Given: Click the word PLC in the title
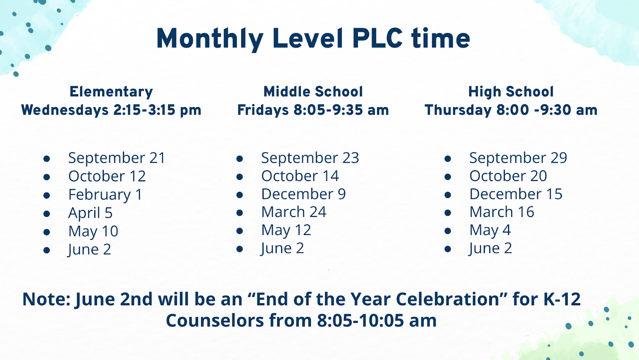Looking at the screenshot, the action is [377, 38].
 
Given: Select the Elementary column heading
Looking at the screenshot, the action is [111, 92].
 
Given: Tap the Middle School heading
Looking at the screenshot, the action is [313, 91].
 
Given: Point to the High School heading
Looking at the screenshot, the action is [511, 92].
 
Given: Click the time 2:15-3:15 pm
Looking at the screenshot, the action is [157, 110].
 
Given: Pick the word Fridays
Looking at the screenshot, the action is [263, 110].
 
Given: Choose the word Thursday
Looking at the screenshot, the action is [458, 110].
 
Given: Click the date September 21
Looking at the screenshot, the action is [117, 158].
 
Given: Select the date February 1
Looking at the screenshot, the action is [105, 195].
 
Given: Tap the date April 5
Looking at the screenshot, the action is [90, 213].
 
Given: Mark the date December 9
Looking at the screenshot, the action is [304, 194].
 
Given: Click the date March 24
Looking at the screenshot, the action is [294, 212].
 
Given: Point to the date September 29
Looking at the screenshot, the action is [518, 158].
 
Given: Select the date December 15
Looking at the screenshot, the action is [516, 194].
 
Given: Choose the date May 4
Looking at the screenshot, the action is [490, 230].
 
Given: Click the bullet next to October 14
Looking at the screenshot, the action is [240, 177].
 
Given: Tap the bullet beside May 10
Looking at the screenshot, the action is [47, 232].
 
